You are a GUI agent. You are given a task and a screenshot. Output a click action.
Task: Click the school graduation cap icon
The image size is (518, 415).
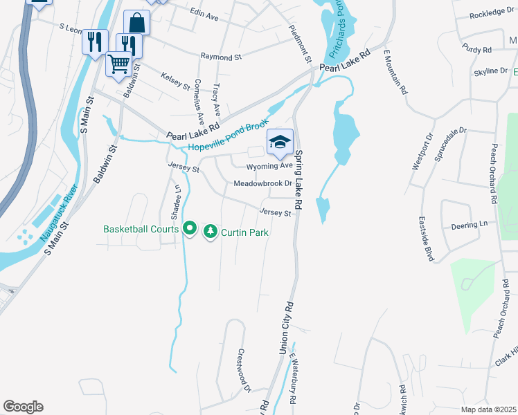point(280,142)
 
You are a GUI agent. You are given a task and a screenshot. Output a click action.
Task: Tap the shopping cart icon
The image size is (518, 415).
point(118,64)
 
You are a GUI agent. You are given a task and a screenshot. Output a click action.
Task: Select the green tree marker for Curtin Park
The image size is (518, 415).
point(210,232)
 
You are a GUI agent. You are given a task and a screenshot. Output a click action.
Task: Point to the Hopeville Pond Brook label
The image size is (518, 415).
point(228,136)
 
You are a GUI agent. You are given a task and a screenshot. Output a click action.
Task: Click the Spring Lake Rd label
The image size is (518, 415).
point(300,180)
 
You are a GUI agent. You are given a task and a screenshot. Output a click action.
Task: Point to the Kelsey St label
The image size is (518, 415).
point(175,81)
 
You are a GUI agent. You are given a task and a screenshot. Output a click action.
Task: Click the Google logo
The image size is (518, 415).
point(23,407)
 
